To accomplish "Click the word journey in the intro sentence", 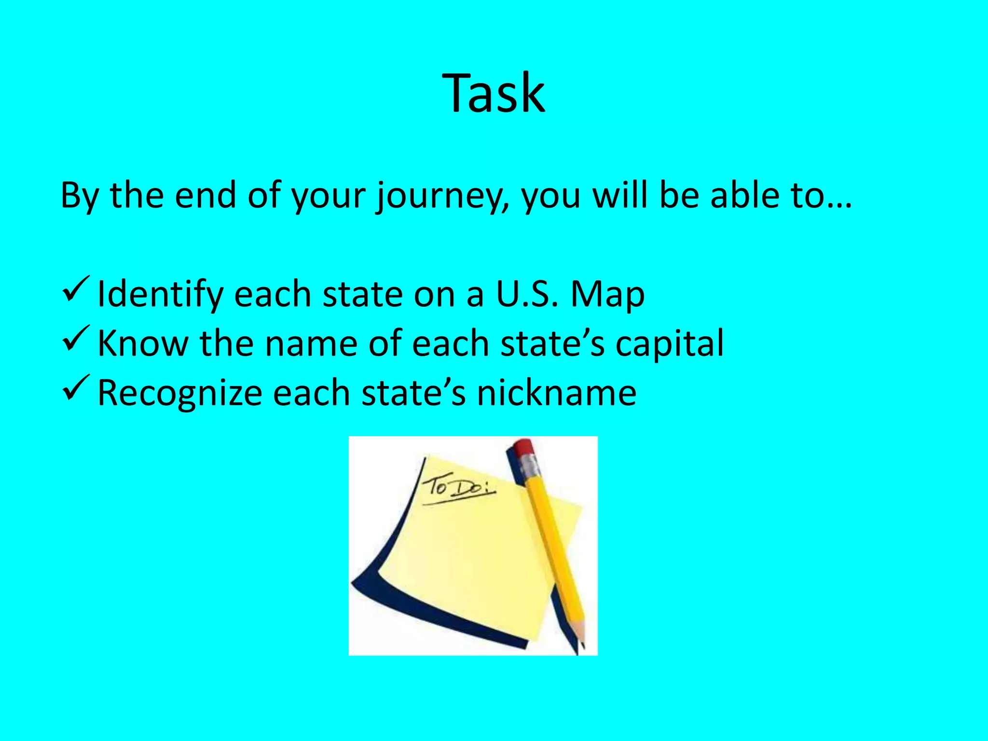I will pos(443,196).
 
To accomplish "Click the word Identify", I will pos(159,294).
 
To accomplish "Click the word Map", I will pos(607,295).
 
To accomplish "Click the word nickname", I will pos(556,392).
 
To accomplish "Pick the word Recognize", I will pos(179,393).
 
